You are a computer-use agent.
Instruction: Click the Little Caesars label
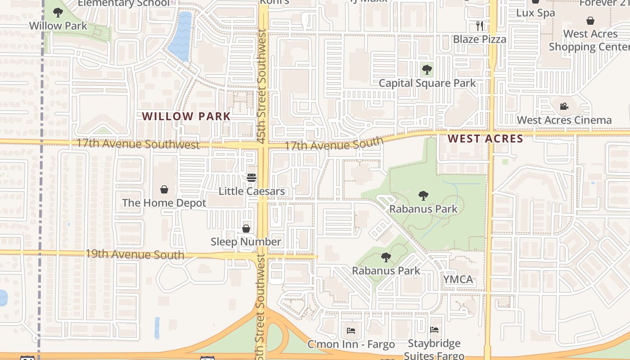pyautogui.click(x=252, y=191)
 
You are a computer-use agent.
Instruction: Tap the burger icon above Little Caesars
pyautogui.click(x=252, y=177)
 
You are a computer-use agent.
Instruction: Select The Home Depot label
pyautogui.click(x=164, y=203)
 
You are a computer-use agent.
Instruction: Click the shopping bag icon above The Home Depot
pyautogui.click(x=164, y=189)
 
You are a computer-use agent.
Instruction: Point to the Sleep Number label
pyautogui.click(x=246, y=242)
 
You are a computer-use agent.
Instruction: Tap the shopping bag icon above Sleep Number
pyautogui.click(x=246, y=229)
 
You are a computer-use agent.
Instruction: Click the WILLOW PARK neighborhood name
pyautogui.click(x=186, y=116)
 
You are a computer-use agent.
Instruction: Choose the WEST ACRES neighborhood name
pyautogui.click(x=486, y=139)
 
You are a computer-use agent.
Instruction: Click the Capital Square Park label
pyautogui.click(x=427, y=83)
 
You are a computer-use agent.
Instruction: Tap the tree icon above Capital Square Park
pyautogui.click(x=427, y=70)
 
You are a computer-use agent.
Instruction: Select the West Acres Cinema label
pyautogui.click(x=564, y=120)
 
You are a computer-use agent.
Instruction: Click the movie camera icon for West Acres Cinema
pyautogui.click(x=564, y=107)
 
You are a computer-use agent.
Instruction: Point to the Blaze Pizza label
pyautogui.click(x=480, y=39)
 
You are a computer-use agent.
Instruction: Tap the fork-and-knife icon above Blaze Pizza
pyautogui.click(x=480, y=26)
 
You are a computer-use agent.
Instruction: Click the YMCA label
pyautogui.click(x=458, y=279)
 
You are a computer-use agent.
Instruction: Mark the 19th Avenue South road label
pyautogui.click(x=135, y=254)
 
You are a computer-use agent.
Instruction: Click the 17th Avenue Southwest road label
pyautogui.click(x=138, y=144)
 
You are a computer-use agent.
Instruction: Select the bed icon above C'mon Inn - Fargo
pyautogui.click(x=351, y=331)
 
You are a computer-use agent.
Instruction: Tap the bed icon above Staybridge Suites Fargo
pyautogui.click(x=434, y=330)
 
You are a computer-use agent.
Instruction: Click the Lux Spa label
pyautogui.click(x=535, y=13)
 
